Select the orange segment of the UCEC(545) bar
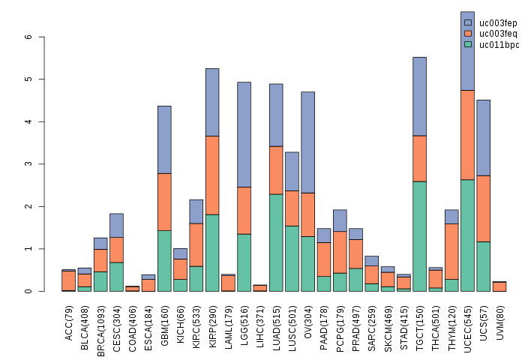pos(467,135)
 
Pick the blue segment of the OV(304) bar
pos(307,142)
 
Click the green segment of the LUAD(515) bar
pos(276,242)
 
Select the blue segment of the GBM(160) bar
pos(164,139)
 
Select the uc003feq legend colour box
pos(469,34)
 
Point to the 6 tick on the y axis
pos(28,37)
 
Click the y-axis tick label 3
pos(28,164)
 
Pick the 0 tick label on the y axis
pos(28,291)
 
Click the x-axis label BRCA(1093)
pos(100,320)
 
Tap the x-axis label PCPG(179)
pos(340,320)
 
